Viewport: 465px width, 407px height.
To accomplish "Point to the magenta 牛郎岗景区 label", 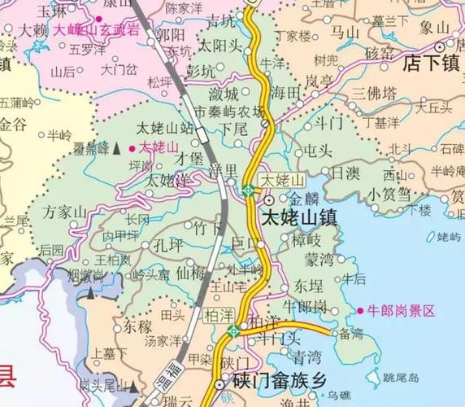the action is (402, 310).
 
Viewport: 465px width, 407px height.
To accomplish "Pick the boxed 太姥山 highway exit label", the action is (280, 179).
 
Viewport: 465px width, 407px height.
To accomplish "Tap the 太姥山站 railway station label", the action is (164, 129).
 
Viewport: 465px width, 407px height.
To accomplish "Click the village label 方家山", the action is (66, 212).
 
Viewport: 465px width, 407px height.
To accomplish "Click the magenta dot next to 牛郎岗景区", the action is (360, 310).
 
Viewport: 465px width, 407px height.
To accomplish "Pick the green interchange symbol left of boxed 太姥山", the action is (248, 190).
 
